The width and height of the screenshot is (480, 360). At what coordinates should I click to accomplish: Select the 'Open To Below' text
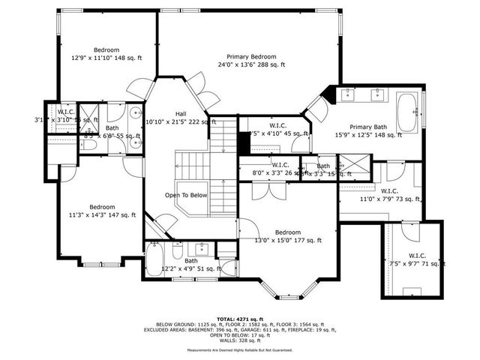pos(186,195)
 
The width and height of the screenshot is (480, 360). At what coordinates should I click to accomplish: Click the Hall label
pos(175,114)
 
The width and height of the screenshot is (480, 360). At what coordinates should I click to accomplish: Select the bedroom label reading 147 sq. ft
pos(102,207)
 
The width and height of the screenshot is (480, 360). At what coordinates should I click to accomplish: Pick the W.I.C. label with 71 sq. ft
pos(417,256)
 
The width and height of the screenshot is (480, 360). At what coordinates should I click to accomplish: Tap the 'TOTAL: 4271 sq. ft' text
pos(240,318)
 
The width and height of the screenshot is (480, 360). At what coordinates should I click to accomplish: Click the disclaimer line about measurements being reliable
pos(240,350)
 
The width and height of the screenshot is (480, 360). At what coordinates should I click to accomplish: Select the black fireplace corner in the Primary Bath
pos(327,94)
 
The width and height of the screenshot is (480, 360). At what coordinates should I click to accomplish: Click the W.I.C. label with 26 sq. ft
pos(280,165)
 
